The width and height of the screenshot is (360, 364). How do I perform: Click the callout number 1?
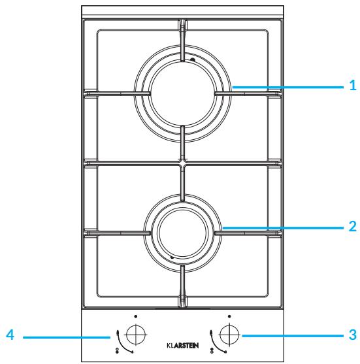point(353,85)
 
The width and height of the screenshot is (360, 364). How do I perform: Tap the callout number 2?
point(353,226)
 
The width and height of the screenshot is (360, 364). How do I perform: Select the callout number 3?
point(353,335)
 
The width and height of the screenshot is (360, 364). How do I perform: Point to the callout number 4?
point(10,335)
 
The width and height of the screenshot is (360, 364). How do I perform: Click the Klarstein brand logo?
point(183,346)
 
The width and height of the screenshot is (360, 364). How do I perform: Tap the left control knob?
point(136,335)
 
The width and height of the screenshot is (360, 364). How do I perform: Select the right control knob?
point(229,335)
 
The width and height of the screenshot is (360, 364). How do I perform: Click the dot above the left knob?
point(136,316)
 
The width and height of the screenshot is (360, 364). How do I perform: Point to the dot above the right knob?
point(229,316)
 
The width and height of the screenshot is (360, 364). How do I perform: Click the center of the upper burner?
point(183,93)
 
